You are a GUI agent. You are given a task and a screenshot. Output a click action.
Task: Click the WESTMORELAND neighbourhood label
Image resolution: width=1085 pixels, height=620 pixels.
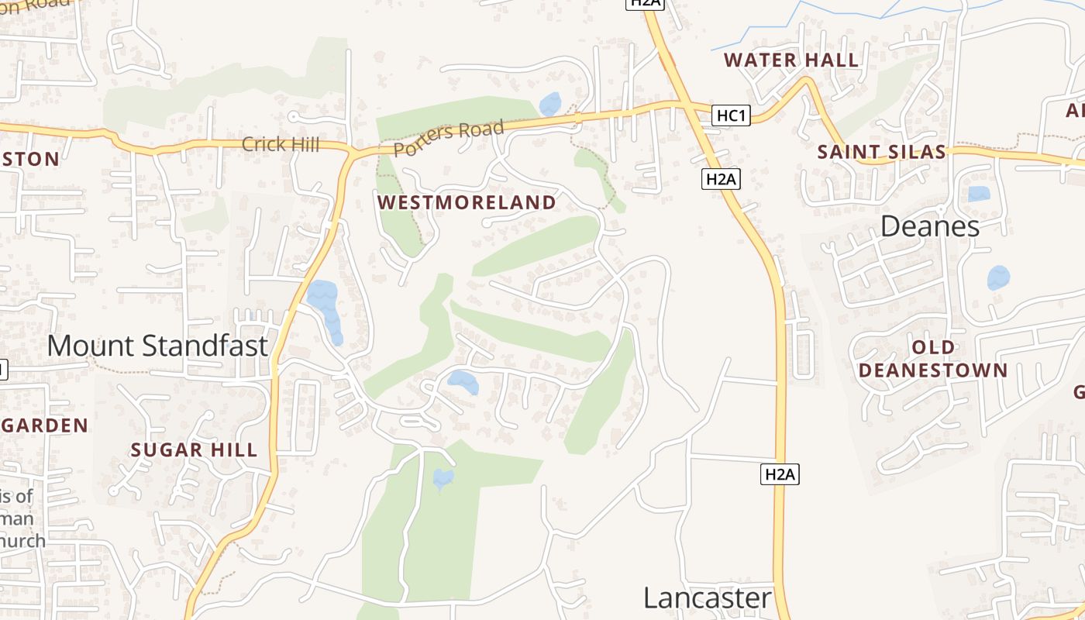pos(467,203)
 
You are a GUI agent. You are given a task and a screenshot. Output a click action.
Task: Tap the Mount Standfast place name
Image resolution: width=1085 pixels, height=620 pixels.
pos(157,346)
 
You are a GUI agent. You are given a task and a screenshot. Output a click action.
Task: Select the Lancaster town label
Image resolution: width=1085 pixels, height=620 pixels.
pos(708,598)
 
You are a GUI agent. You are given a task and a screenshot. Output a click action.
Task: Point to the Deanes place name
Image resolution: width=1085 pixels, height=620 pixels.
pos(930,226)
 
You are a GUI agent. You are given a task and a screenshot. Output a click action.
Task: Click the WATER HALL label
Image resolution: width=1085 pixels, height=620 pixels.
pos(790,60)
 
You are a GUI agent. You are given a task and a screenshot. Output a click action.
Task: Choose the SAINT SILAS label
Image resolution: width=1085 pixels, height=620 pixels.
pos(882,152)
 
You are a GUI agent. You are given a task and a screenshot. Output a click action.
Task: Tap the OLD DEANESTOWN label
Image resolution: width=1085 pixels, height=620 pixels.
pos(933,358)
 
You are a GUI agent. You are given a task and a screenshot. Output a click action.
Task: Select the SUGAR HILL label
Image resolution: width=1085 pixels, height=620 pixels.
pos(194,450)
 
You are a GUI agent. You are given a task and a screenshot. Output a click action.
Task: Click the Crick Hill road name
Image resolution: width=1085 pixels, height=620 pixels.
pos(281,144)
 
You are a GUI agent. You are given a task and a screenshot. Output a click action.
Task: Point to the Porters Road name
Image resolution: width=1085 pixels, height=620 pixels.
pos(449,138)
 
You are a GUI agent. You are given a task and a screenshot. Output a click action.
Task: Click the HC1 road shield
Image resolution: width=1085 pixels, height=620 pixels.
pos(732,116)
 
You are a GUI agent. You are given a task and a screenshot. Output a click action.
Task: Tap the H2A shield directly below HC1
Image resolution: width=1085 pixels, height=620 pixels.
pos(722,180)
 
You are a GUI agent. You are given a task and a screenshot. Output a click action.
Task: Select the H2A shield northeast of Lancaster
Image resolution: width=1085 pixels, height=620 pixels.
pos(780,474)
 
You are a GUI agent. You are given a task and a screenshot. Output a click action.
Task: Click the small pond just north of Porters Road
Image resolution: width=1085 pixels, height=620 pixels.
pos(549,104)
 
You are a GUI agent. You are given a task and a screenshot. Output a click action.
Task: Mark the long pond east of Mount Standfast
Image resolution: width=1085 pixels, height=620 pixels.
pos(325,308)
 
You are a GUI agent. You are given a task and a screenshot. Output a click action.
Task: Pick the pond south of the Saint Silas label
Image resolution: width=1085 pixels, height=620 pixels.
pos(979,194)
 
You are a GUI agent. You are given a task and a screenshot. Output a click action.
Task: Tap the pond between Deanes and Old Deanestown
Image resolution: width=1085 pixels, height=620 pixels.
pos(998,277)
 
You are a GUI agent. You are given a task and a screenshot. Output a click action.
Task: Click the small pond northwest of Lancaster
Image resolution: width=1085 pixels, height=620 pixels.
pos(443,478)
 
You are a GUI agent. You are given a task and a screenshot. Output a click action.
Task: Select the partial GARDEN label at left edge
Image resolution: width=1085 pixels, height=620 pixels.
pos(44,425)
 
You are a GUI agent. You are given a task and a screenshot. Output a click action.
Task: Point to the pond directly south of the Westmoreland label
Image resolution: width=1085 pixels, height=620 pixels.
pos(463,381)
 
